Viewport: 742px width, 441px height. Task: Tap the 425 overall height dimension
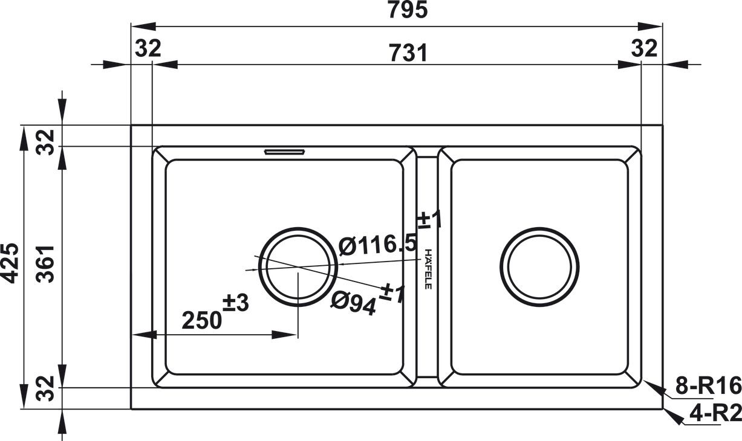tap(10, 263)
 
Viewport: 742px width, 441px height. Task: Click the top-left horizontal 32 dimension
tap(148, 48)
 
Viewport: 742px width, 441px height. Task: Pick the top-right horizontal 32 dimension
tap(644, 48)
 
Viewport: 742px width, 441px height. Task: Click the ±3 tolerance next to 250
tap(236, 303)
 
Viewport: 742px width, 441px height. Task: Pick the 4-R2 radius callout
tap(715, 414)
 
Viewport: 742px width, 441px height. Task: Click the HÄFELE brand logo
tap(428, 268)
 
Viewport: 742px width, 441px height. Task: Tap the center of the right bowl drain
tap(539, 267)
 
